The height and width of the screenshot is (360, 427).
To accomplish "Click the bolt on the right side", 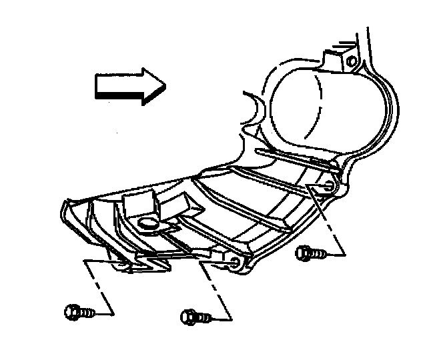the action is tap(310, 253).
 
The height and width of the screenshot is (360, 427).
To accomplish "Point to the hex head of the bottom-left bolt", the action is tap(71, 311).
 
